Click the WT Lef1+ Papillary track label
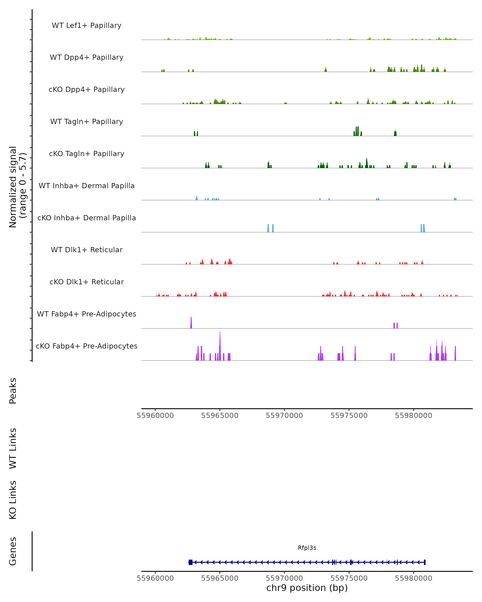click(87, 25)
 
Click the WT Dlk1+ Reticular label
click(87, 250)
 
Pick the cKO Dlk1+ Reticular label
click(87, 282)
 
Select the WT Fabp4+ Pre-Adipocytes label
click(87, 314)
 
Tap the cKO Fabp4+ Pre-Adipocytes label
click(87, 346)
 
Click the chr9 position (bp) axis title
click(307, 588)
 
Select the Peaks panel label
click(13, 391)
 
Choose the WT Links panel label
click(13, 448)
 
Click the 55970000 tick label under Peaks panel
click(284, 416)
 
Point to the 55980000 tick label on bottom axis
click(413, 578)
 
